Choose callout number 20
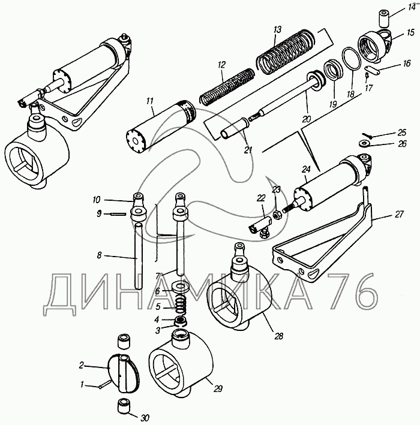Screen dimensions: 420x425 pyautogui.click(x=307, y=119)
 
